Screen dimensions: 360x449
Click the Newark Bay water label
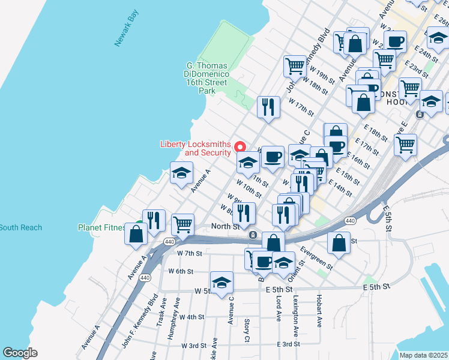[126, 28]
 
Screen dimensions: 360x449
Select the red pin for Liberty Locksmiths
[240, 146]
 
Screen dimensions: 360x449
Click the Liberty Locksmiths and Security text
[196, 148]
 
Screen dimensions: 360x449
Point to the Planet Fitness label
[100, 227]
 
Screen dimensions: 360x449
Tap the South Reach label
[20, 227]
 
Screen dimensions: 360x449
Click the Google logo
[19, 353]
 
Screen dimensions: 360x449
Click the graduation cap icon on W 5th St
[221, 282]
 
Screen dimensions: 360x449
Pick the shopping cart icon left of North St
[183, 224]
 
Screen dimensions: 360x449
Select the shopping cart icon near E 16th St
[405, 144]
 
